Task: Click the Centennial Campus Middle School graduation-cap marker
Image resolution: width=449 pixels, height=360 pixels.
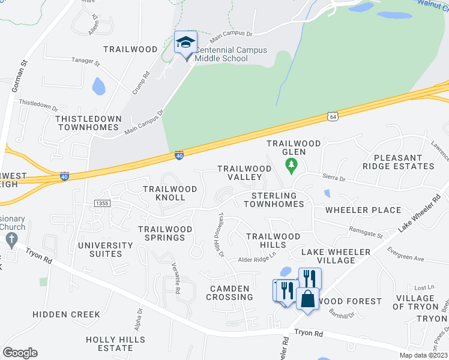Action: point(185,43)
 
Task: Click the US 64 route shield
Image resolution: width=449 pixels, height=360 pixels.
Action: point(332,116)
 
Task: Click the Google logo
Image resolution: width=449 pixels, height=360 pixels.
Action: point(20,353)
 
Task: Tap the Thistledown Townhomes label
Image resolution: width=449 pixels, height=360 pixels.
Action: point(88,123)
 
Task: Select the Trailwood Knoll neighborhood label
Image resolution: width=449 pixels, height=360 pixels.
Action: point(170,193)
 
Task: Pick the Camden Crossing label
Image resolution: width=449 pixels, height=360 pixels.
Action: point(229,293)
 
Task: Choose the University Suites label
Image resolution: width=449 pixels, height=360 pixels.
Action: point(105,250)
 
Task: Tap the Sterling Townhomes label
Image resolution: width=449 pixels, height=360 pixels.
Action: point(274,200)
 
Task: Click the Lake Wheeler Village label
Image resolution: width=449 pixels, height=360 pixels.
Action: point(336,256)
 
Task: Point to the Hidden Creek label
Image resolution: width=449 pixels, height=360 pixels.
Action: point(58,314)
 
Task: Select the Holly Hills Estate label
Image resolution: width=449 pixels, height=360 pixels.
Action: point(116,344)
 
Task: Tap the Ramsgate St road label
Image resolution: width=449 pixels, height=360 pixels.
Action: point(366,229)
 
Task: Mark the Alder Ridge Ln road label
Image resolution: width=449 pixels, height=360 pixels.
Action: point(256,259)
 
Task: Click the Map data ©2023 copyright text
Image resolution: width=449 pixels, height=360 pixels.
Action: point(423,355)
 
